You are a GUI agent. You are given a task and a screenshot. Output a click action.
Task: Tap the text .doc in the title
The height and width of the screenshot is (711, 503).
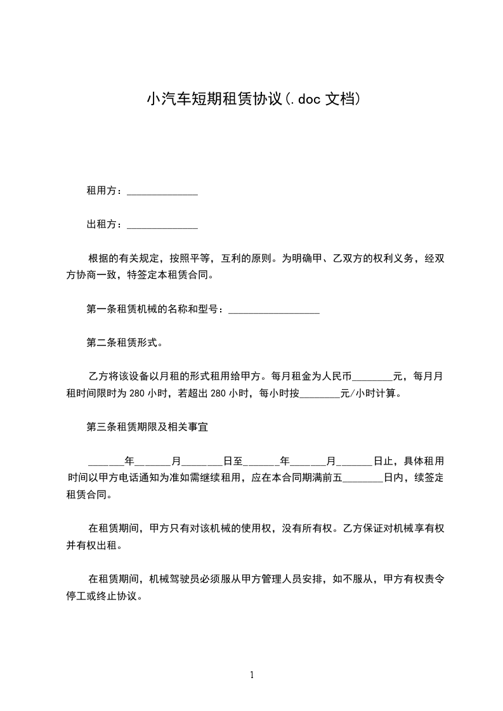[x=304, y=99]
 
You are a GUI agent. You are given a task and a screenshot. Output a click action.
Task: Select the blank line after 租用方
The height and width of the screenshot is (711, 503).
[x=162, y=193]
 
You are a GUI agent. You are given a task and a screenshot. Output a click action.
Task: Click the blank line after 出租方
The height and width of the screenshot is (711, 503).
[x=162, y=226]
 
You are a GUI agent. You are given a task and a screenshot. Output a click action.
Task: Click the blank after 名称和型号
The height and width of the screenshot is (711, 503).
[x=273, y=311]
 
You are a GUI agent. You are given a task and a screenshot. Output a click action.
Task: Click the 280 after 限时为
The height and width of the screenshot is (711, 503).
[x=137, y=394]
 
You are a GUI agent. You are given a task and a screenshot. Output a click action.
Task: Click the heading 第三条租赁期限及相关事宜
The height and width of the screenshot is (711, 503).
[x=147, y=427]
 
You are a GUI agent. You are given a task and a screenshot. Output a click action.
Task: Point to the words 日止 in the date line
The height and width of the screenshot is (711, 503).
[x=383, y=461]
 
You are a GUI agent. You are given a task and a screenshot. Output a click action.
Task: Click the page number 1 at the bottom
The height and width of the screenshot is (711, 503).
[x=252, y=675]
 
